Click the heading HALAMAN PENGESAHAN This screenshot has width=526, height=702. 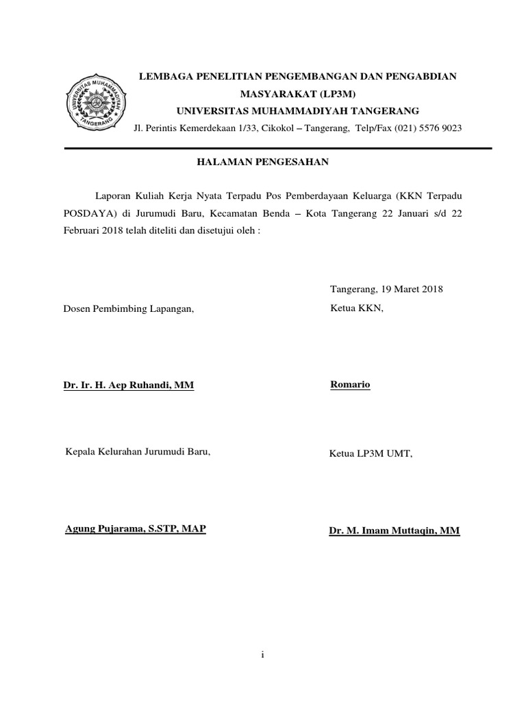point(264,162)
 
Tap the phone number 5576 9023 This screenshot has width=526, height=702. point(436,128)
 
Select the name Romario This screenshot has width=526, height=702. point(350,385)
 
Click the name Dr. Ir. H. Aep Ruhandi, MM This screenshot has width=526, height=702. point(129,385)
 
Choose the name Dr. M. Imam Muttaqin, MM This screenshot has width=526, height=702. point(394,531)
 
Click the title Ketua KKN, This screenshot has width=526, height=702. point(357,308)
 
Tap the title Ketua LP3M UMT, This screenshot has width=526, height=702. point(371,453)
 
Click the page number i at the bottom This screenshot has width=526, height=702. point(263,655)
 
